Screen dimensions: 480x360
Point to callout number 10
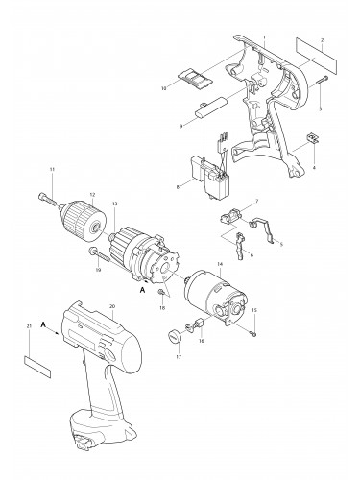point(164,87)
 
